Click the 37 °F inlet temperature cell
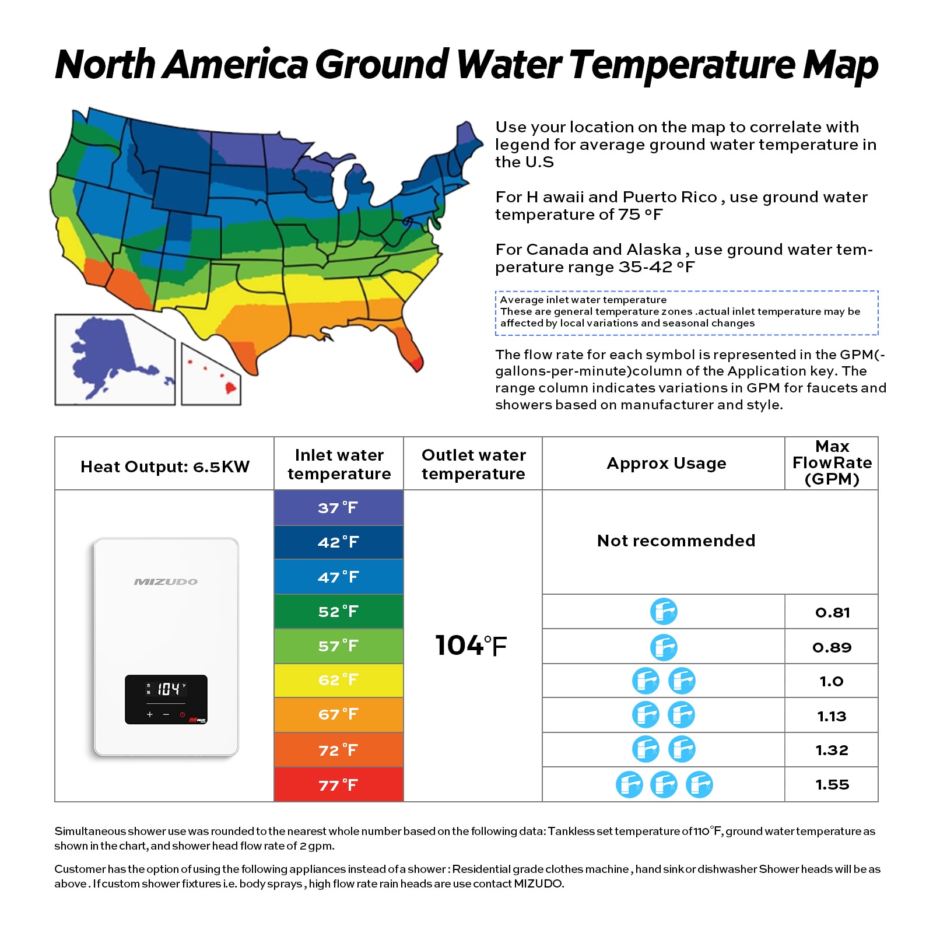tap(338, 507)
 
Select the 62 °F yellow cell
tap(338, 680)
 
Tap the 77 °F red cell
tap(338, 785)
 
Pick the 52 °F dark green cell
tap(338, 611)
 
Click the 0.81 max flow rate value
tap(832, 612)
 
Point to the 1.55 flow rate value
tap(832, 785)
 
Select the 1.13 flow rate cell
tap(832, 716)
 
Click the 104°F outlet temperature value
tap(471, 646)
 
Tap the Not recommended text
tap(676, 541)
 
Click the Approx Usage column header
tap(666, 464)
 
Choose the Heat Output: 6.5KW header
tap(165, 466)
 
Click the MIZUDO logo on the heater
tap(166, 581)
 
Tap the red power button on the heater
tap(182, 714)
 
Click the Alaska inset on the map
tap(114, 359)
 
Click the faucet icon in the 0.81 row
tap(664, 612)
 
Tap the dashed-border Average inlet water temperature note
tap(686, 313)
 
